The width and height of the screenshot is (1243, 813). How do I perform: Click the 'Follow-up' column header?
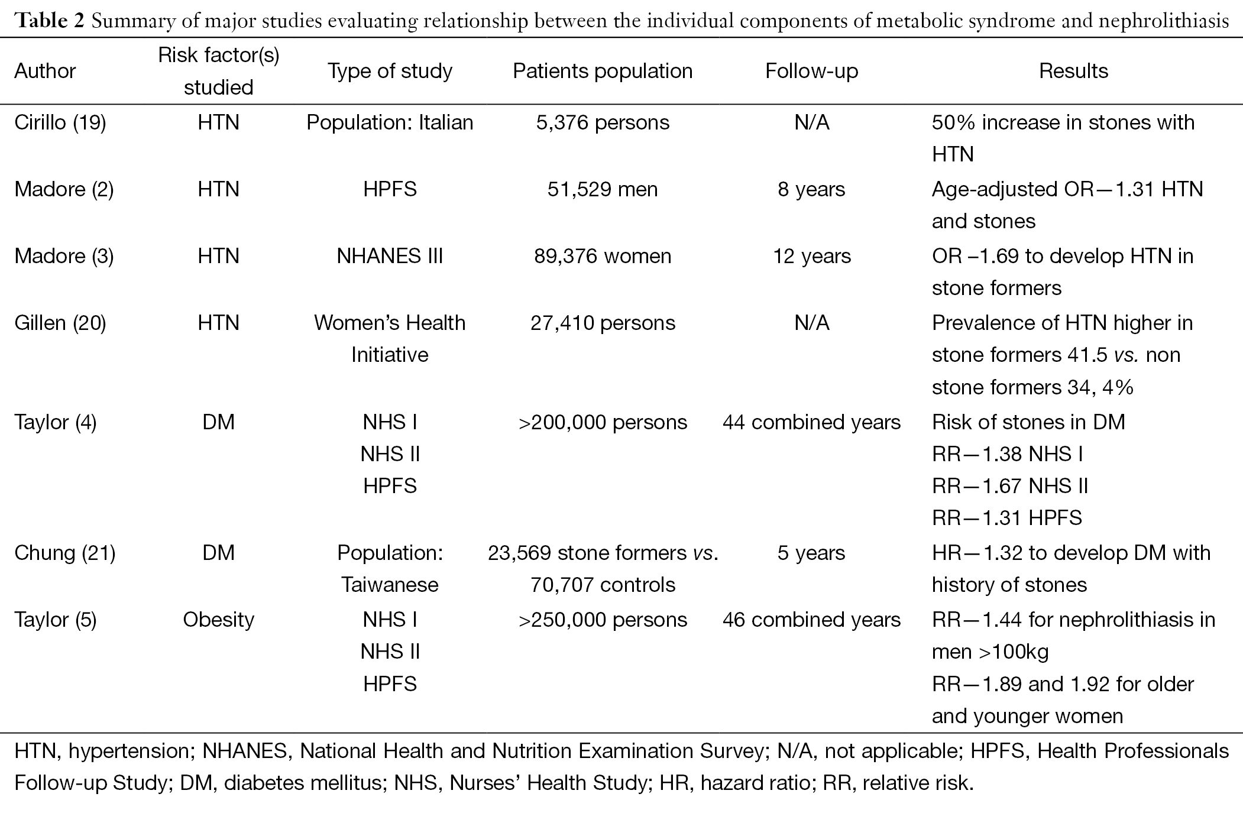811,71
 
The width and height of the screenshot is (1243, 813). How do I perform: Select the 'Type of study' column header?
390,71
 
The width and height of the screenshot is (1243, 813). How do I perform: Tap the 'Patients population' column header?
603,71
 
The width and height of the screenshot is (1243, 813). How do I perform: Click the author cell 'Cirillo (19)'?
60,122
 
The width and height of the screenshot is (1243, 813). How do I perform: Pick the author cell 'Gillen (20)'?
60,323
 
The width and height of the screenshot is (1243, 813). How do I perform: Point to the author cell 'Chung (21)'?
65,553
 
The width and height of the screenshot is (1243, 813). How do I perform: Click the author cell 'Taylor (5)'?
56,620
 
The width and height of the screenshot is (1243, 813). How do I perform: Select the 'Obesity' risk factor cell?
219,620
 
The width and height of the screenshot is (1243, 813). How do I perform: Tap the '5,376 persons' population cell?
603,122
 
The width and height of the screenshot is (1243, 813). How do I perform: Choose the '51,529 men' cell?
603,189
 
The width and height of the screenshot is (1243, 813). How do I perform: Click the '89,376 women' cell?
603,256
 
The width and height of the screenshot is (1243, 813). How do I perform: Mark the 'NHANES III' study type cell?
390,256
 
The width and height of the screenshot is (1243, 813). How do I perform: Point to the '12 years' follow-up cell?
812,256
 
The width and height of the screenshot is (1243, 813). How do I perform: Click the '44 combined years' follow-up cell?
811,422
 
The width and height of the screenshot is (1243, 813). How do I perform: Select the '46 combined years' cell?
811,620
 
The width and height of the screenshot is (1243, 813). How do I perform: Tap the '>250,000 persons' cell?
603,620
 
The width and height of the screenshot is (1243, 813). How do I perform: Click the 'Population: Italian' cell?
390,122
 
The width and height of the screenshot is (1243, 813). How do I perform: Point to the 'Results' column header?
1073,71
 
